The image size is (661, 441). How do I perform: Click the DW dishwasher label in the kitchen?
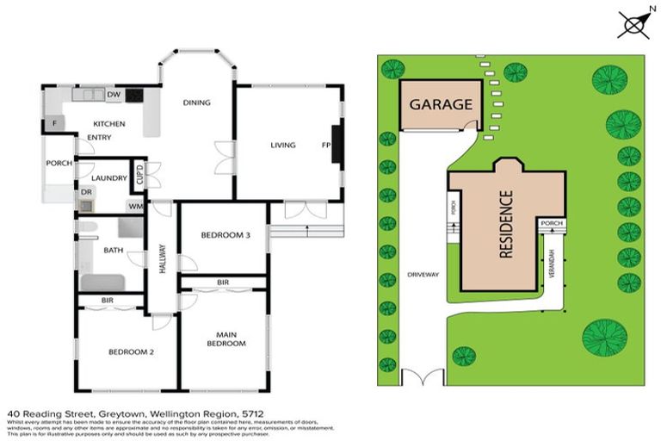tap(112, 95)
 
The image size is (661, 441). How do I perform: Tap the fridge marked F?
tap(55, 123)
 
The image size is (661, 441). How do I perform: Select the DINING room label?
tap(196, 103)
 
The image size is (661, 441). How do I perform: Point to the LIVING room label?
tap(282, 145)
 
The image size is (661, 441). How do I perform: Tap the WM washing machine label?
tap(135, 206)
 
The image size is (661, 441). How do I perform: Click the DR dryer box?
tap(87, 193)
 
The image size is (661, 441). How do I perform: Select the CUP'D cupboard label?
tap(139, 174)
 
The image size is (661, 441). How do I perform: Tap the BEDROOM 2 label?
tap(131, 351)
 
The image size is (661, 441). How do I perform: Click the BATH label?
tap(113, 251)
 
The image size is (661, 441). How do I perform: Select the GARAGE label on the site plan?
tap(441, 105)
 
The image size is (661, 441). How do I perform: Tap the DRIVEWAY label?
tap(423, 275)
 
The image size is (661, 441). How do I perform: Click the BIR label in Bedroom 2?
tap(108, 301)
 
